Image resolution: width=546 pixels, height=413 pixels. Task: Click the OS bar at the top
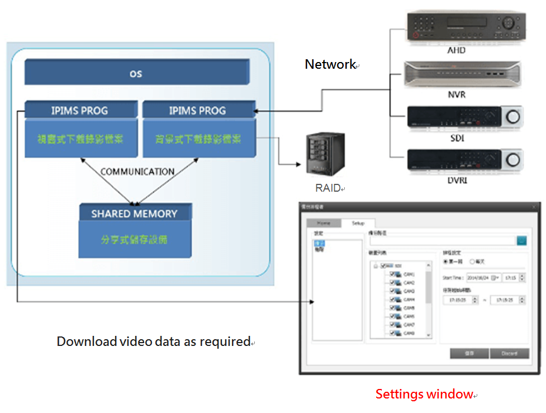click(136, 73)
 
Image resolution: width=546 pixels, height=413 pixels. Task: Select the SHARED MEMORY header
click(134, 213)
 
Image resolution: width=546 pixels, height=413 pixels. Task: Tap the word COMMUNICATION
click(137, 172)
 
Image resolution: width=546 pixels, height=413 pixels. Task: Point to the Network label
click(330, 64)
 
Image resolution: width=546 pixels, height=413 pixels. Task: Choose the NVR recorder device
click(462, 74)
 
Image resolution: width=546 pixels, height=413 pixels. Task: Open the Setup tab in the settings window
click(358, 222)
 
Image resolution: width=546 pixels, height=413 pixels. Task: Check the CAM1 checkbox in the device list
click(393, 274)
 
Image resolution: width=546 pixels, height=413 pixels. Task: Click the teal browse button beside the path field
click(521, 240)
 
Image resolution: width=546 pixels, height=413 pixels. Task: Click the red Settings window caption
click(424, 394)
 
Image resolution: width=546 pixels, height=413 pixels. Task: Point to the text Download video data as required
click(154, 341)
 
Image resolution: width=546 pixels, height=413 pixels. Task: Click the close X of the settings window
click(534, 207)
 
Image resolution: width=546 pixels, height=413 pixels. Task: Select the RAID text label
click(327, 188)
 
